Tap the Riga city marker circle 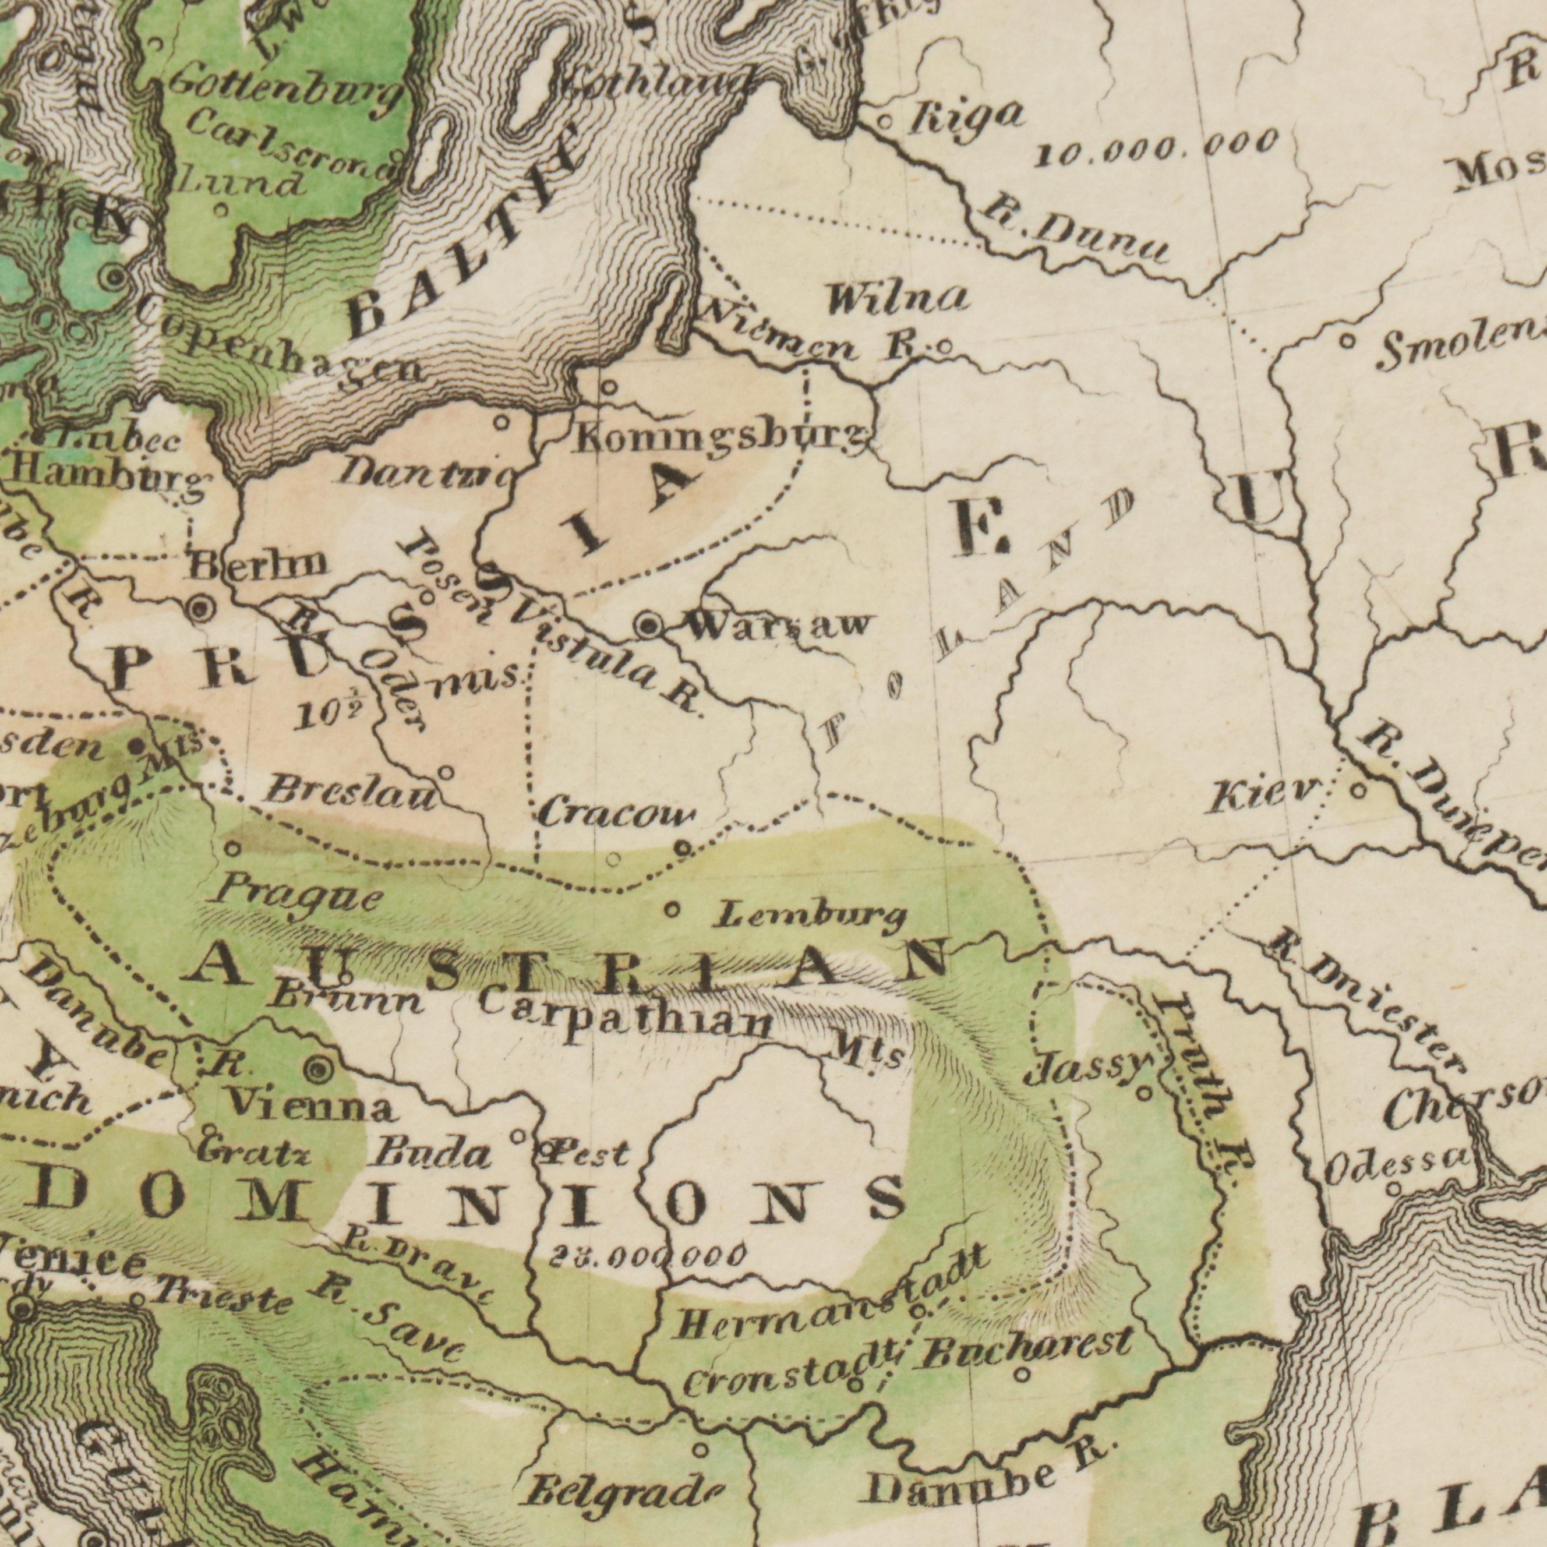(x=885, y=122)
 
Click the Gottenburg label (x=284, y=90)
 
